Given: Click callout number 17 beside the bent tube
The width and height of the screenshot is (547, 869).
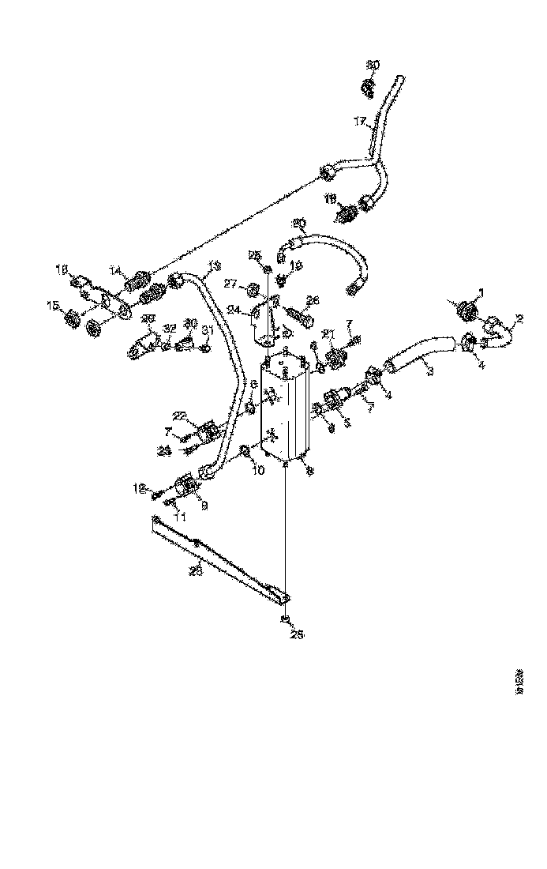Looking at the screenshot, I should [x=360, y=121].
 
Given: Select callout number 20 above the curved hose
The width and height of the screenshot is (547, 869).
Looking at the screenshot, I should [x=298, y=222].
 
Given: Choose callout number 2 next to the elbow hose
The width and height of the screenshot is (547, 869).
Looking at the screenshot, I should [x=519, y=319].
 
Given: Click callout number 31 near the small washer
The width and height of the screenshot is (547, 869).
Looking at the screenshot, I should [x=208, y=329].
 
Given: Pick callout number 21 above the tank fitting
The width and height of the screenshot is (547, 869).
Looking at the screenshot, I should [x=328, y=333].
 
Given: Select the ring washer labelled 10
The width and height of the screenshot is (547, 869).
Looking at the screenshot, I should [x=246, y=452].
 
